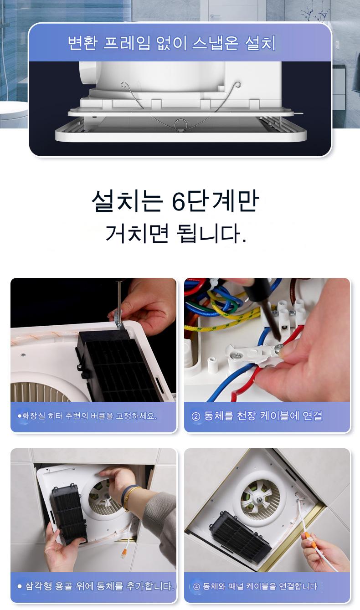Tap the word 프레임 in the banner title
click(x=127, y=43)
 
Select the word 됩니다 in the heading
click(x=209, y=233)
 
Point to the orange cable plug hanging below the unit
click(x=123, y=552)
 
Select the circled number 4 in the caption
click(x=196, y=587)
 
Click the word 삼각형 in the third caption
click(x=38, y=586)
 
